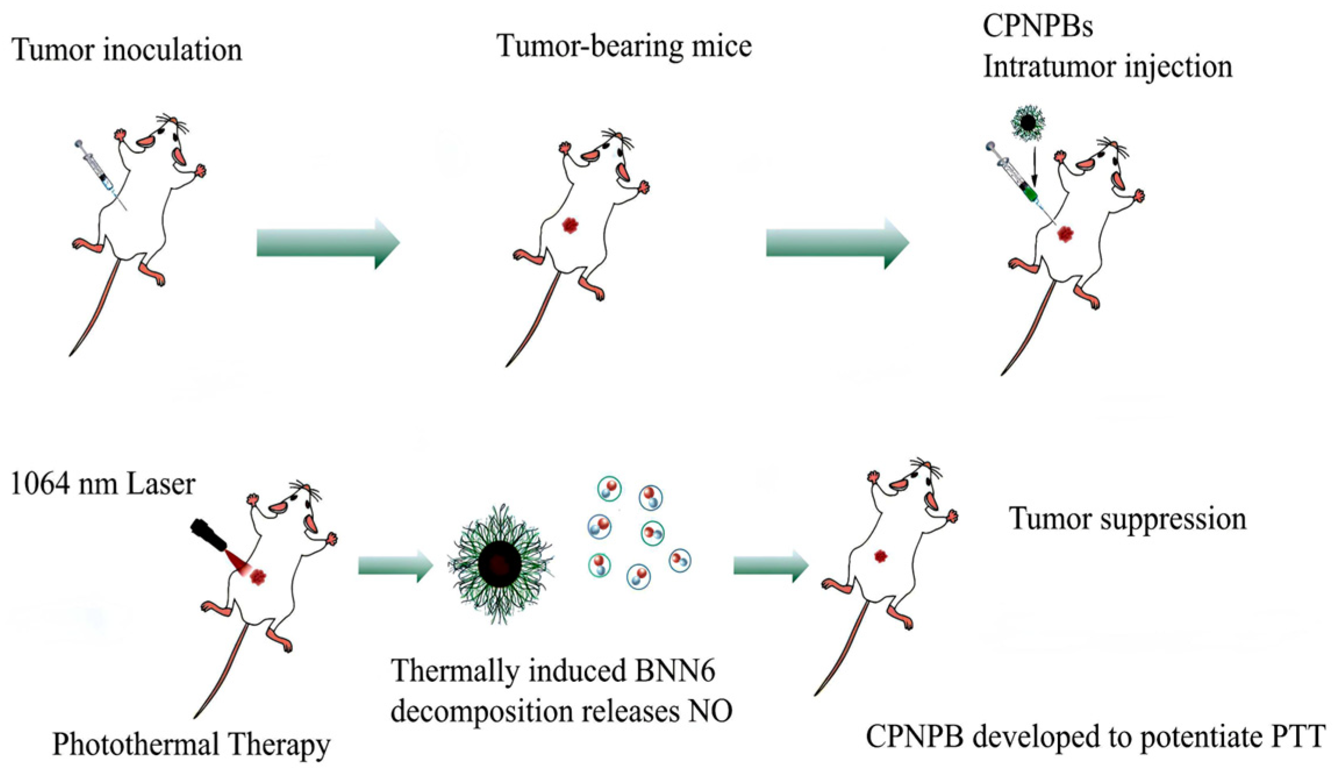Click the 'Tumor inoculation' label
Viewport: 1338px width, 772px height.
click(127, 50)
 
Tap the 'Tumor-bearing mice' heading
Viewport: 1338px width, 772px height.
click(624, 47)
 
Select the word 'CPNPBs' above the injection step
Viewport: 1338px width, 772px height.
click(1038, 26)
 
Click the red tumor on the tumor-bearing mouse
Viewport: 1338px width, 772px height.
click(570, 225)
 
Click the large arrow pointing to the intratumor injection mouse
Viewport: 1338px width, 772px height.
click(837, 243)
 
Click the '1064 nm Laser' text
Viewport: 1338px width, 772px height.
click(103, 484)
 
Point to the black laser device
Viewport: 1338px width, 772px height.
click(208, 535)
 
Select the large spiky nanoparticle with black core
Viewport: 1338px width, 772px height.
click(499, 563)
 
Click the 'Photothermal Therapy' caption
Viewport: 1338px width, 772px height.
click(191, 744)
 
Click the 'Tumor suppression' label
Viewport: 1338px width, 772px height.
click(1128, 519)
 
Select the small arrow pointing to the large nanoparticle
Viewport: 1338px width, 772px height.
click(395, 565)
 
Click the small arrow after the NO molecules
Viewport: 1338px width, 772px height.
click(771, 565)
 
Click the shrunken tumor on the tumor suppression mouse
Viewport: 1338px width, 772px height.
click(881, 556)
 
